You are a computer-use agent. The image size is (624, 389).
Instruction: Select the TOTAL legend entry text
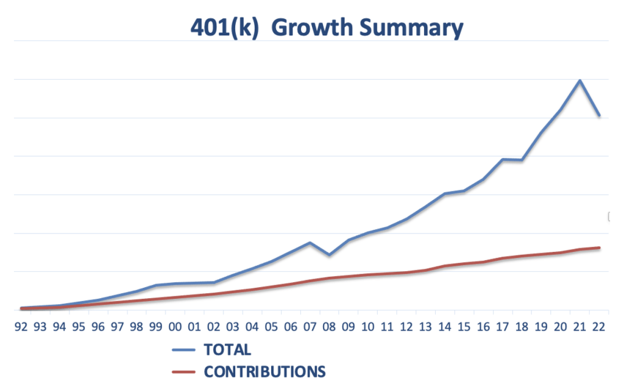point(227,350)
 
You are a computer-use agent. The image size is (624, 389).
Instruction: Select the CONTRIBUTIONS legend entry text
point(264,371)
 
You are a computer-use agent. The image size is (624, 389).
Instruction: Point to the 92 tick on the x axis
point(21,327)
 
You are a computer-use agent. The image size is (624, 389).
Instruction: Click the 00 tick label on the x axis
point(175,327)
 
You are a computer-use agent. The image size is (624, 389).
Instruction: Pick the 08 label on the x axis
point(329,327)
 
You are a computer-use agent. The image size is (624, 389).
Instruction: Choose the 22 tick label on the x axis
point(599,327)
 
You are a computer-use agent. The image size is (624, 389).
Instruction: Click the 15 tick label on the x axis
point(464,327)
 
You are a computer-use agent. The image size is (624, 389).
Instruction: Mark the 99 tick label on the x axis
point(156,327)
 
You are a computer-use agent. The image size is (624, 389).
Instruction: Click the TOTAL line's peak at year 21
point(580,80)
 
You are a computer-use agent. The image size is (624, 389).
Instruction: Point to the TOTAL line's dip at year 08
point(329,254)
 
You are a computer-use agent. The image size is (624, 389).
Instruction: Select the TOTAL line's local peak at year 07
point(310,243)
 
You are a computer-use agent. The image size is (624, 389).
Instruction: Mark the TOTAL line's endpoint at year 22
point(599,115)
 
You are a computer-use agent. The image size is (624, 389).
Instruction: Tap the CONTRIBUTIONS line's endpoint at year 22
point(599,248)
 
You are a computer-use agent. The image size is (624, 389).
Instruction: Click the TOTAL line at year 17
point(502,159)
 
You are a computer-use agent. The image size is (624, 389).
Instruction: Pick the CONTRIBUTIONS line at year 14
point(445,266)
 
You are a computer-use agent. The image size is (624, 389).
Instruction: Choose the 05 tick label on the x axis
point(272,327)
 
